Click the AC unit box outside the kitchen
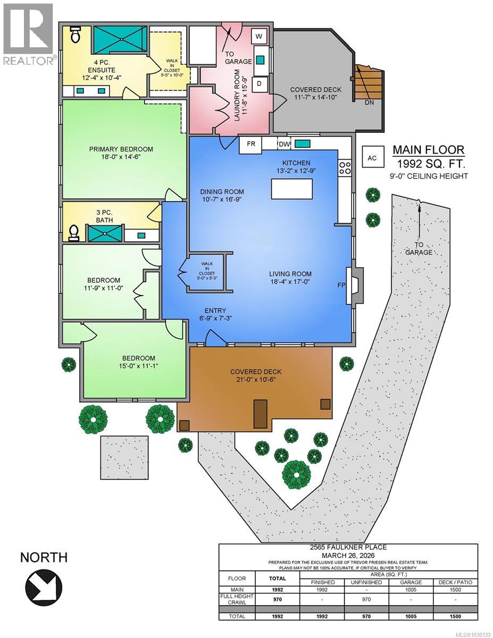click(372, 157)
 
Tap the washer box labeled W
click(259, 36)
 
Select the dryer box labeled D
click(259, 83)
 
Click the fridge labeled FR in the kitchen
click(250, 144)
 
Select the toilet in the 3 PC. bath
click(74, 232)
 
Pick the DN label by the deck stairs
click(369, 103)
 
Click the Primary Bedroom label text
click(121, 149)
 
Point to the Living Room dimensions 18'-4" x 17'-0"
click(289, 282)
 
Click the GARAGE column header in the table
click(411, 582)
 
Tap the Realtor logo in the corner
click(27, 35)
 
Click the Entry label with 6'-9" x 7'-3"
click(216, 314)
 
